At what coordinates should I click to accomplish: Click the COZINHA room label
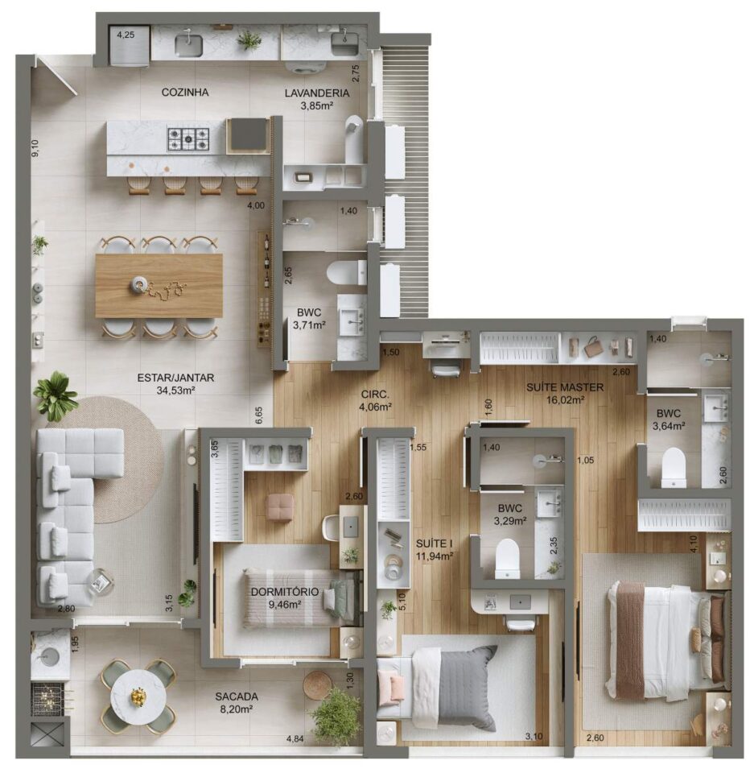coord(185,92)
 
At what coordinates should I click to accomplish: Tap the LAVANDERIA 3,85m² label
coord(317,98)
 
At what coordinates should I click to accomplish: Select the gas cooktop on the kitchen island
coord(188,139)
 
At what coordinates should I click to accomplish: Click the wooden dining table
coord(159,285)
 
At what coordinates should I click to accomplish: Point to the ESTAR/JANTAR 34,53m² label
coord(175,384)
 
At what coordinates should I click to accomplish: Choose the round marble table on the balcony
coord(138,696)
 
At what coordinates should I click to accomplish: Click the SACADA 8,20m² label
coord(237,702)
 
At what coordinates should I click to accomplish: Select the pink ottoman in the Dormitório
coord(280,507)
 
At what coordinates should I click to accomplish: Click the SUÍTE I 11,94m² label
coord(435,550)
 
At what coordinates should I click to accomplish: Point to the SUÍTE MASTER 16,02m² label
coord(565,393)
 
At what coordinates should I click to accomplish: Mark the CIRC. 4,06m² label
coord(376,400)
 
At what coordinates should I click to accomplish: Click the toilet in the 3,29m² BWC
coord(507,559)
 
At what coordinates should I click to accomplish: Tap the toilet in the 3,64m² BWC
coord(674,466)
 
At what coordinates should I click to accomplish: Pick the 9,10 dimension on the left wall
coord(35,148)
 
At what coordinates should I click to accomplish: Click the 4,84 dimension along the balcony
coord(295,738)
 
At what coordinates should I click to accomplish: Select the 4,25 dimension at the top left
coord(126,35)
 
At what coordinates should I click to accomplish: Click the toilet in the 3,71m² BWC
coord(348,273)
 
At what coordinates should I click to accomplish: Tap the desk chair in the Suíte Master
coord(445,367)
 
